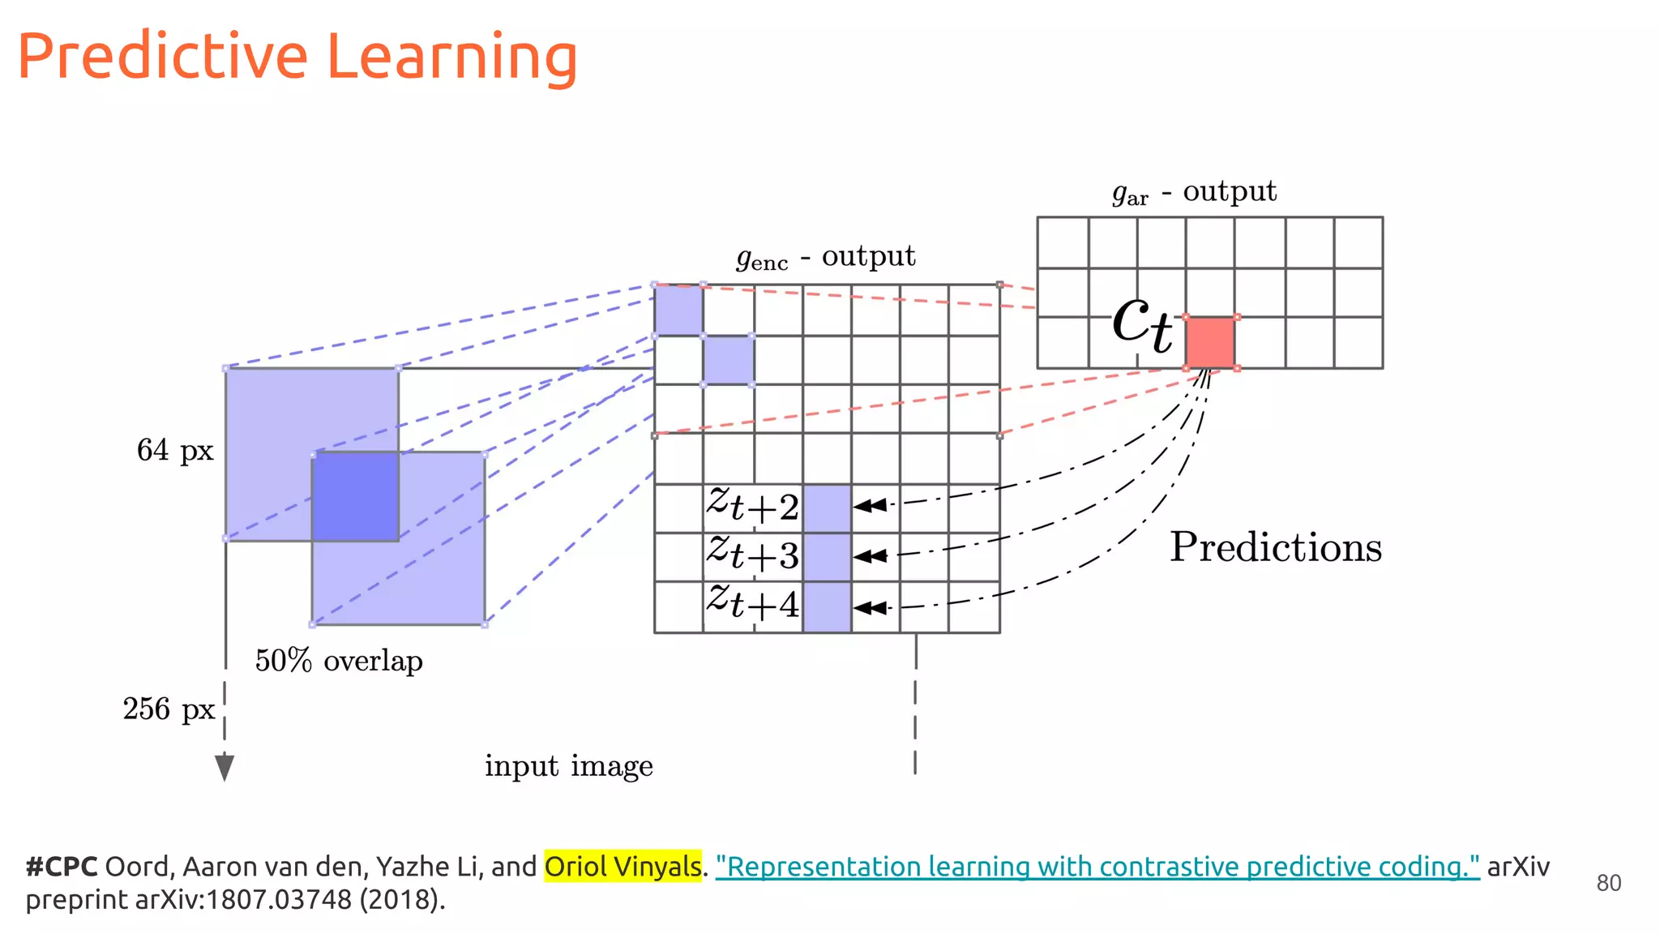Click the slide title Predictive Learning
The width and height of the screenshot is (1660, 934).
297,57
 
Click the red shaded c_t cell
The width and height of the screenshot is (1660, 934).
1210,342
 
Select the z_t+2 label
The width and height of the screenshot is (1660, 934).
752,507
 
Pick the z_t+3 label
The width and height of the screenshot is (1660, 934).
752,555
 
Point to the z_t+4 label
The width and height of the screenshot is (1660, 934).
752,603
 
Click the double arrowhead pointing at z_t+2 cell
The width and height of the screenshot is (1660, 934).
871,506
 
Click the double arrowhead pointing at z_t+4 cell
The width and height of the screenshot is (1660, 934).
871,607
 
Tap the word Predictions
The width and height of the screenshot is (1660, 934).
1275,547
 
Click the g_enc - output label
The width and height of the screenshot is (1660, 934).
825,257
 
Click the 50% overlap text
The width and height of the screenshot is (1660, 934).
339,661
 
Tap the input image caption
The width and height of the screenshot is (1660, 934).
568,766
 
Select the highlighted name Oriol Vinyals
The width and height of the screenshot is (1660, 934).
622,867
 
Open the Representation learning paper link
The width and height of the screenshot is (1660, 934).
1097,867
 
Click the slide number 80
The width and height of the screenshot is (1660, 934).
1608,883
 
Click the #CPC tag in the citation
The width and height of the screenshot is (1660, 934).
61,867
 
